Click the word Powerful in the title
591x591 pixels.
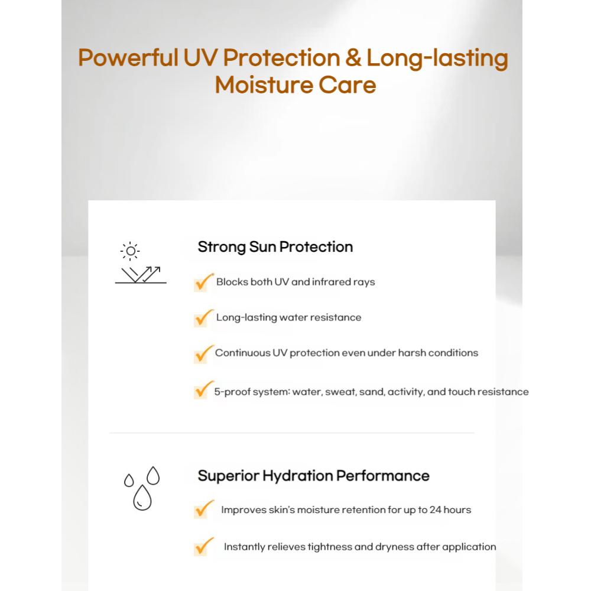click(x=126, y=59)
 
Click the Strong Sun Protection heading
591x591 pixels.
click(x=275, y=246)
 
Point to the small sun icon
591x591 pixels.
click(x=130, y=251)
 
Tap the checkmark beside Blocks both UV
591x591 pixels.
click(x=202, y=282)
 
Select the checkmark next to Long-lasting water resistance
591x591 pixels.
click(x=202, y=317)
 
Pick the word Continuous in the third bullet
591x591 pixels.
click(x=241, y=353)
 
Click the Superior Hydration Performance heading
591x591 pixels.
click(x=313, y=476)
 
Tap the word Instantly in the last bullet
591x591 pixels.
click(x=245, y=547)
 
